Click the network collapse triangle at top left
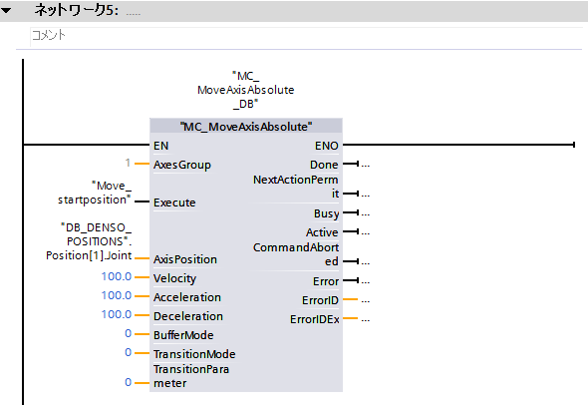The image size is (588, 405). pyautogui.click(x=6, y=11)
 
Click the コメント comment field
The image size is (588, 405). pyautogui.click(x=306, y=36)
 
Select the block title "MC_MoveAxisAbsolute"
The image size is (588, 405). pyautogui.click(x=246, y=127)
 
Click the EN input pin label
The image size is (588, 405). pyautogui.click(x=160, y=146)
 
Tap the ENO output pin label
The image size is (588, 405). pyautogui.click(x=327, y=146)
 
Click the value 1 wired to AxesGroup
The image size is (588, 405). pyautogui.click(x=128, y=163)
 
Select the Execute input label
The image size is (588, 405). pyautogui.click(x=174, y=202)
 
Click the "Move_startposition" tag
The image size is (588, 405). pyautogui.click(x=95, y=193)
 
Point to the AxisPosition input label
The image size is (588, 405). pyautogui.click(x=185, y=259)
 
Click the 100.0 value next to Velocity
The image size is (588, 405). pyautogui.click(x=117, y=276)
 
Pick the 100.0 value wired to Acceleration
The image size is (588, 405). pyautogui.click(x=117, y=295)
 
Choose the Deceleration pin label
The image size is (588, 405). pyautogui.click(x=188, y=316)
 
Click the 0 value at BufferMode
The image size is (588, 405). pyautogui.click(x=129, y=333)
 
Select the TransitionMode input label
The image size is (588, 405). pyautogui.click(x=194, y=354)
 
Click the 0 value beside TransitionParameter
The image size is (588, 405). pyautogui.click(x=129, y=382)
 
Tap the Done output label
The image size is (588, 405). pyautogui.click(x=324, y=165)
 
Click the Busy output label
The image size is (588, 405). pyautogui.click(x=326, y=213)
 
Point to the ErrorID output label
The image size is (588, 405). pyautogui.click(x=320, y=300)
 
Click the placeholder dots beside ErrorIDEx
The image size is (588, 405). pyautogui.click(x=366, y=320)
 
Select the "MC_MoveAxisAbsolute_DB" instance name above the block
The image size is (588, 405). pyautogui.click(x=246, y=90)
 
